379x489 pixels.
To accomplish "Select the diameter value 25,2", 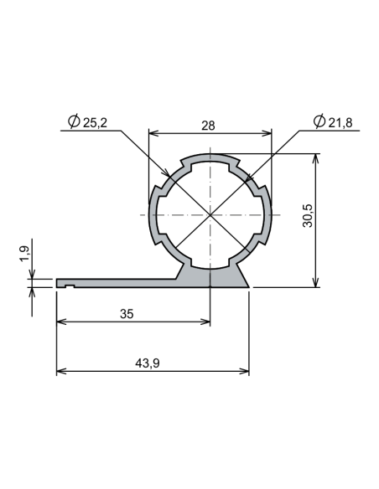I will click(95, 123).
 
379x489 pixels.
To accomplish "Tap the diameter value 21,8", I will click(340, 123).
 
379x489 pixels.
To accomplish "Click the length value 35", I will click(126, 314).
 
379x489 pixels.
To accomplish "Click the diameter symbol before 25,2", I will click(74, 123).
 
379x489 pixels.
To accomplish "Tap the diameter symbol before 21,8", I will click(318, 123).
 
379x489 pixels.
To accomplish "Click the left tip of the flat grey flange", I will click(59, 284).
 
